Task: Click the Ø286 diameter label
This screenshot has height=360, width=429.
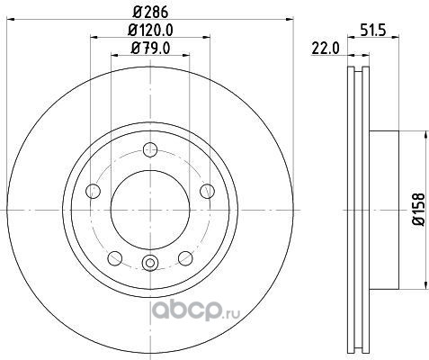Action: coord(150,13)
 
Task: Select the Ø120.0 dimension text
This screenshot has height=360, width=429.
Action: coord(150,30)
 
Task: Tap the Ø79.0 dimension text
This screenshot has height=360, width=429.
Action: coord(150,48)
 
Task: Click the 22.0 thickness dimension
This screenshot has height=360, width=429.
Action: coord(326,49)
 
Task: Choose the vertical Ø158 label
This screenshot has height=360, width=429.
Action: coord(419,210)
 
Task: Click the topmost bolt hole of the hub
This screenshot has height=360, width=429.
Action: coord(150,149)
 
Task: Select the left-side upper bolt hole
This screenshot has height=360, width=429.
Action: coord(93,191)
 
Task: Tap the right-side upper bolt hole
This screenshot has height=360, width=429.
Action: coord(207,191)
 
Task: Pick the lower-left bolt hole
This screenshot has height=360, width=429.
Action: coord(115,258)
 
